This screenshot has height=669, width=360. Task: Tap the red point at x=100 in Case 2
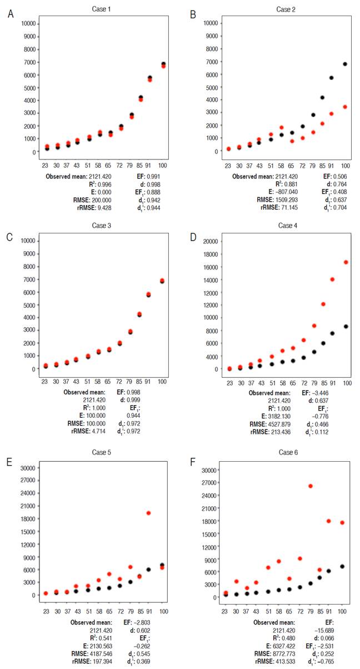346,107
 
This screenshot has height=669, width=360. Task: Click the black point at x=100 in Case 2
346,64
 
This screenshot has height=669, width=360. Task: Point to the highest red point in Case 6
311,486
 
